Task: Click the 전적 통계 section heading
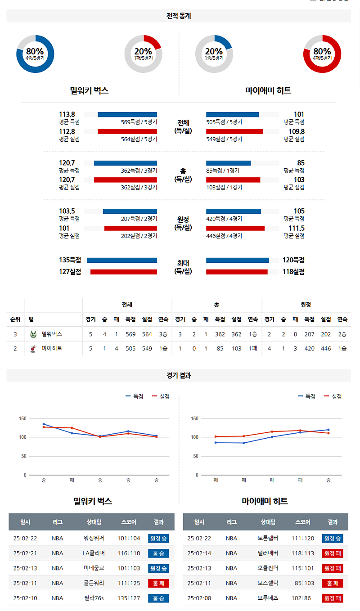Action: (179, 16)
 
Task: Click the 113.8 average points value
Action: (67, 114)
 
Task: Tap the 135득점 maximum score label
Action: (70, 260)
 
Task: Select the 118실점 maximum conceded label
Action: (293, 272)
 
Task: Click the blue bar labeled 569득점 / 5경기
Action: (127, 114)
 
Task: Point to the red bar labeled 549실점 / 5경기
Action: (234, 131)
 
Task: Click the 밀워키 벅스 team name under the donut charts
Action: (90, 90)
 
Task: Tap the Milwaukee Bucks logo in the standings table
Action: (33, 334)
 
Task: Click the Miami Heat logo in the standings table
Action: (33, 348)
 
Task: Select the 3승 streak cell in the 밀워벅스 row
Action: (163, 334)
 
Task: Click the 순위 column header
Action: (15, 319)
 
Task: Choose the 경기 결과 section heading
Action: (179, 375)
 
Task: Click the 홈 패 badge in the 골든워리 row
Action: (158, 583)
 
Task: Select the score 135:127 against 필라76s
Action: (129, 598)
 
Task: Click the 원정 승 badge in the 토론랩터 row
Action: (332, 538)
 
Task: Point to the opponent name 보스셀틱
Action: (268, 583)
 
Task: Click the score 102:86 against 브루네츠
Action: (302, 598)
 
